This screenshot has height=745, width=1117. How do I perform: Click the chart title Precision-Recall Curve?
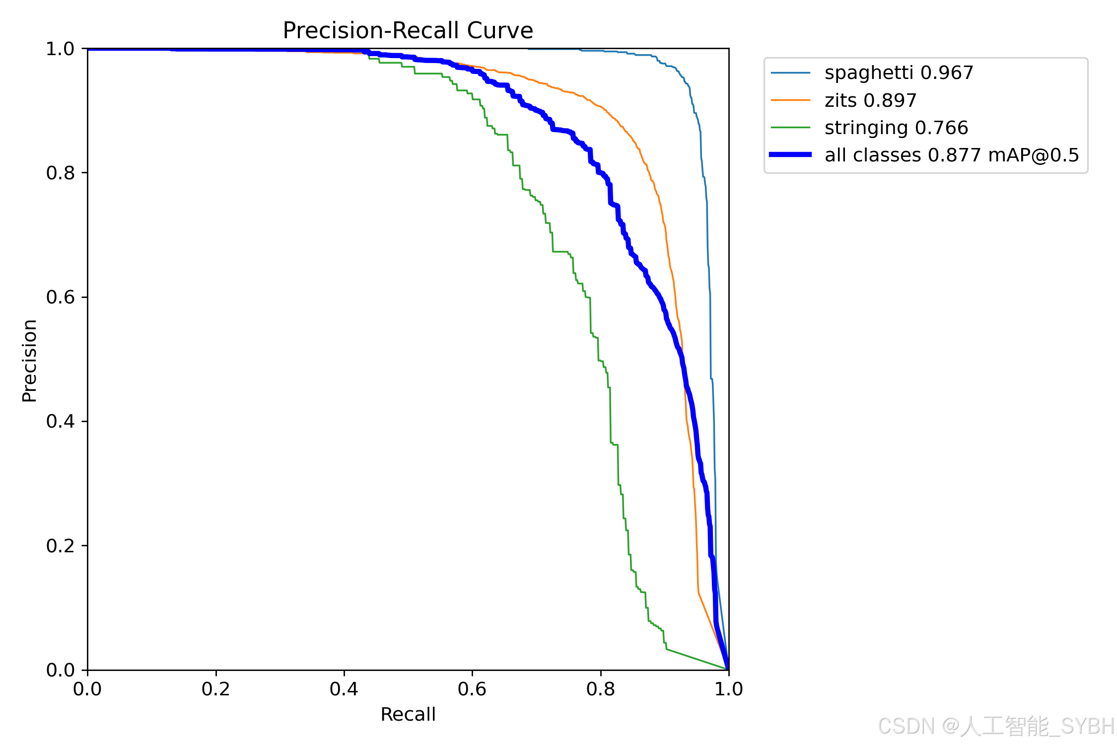coord(408,30)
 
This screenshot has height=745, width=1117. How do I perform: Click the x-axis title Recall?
coord(408,714)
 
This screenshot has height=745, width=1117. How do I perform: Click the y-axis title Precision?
coord(30,361)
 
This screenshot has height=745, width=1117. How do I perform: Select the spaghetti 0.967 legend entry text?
coord(899,73)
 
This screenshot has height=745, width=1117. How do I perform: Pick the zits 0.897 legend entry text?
coord(870,100)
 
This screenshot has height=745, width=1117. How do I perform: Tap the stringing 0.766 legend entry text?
coord(896,128)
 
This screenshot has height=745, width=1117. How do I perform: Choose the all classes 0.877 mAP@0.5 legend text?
coord(952,155)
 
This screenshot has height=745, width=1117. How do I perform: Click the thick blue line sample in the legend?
coord(790,155)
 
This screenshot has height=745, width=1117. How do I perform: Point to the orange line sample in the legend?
coord(790,100)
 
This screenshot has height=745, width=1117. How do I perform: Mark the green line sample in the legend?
coord(790,128)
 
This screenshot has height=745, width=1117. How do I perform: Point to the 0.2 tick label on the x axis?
coord(215,689)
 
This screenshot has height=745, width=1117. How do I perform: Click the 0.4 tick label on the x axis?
coord(344,689)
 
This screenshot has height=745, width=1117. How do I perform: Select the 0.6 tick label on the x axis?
coord(472,689)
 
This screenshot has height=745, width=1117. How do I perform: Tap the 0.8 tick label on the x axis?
coord(600,689)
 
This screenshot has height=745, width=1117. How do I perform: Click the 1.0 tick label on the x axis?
coord(728,689)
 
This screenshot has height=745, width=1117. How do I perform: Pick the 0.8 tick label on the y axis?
coord(60,173)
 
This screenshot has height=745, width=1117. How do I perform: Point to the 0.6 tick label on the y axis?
coord(60,297)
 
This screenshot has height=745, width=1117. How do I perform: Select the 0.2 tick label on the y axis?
coord(60,546)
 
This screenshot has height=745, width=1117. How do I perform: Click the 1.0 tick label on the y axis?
coord(60,49)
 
